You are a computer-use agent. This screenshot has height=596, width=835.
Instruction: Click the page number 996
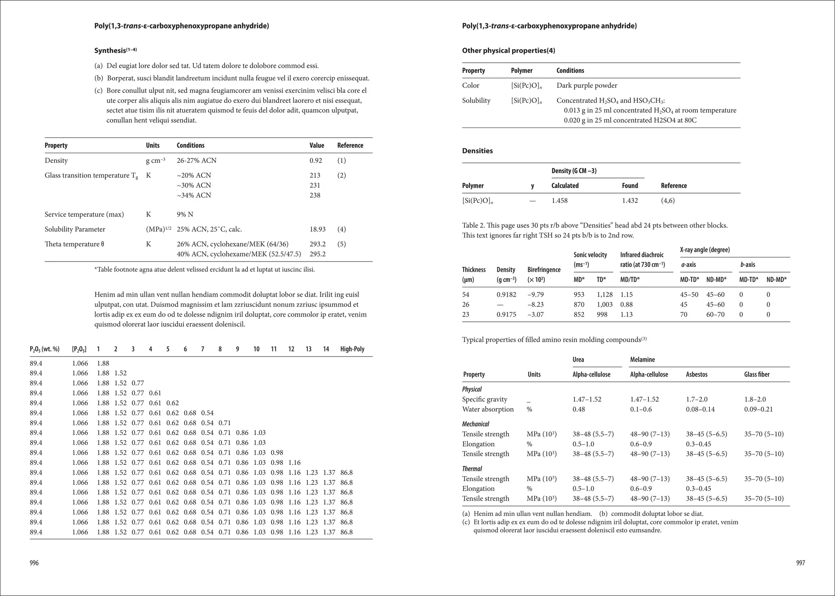click(x=34, y=563)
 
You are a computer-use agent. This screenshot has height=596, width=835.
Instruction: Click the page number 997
click(x=800, y=563)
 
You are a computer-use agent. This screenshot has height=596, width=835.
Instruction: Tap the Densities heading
click(x=477, y=151)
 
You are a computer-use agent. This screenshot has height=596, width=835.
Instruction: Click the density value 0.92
click(x=316, y=161)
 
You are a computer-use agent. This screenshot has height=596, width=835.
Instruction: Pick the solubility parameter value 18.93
click(x=318, y=229)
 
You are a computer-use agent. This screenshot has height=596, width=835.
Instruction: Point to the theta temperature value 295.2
click(x=318, y=254)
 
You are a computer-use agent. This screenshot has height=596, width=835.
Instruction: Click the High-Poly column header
click(x=352, y=349)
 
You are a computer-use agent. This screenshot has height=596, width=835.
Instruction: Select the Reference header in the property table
click(x=350, y=145)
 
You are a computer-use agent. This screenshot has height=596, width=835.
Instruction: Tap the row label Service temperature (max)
click(x=84, y=214)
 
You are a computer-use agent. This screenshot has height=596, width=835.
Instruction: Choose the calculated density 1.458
click(x=559, y=200)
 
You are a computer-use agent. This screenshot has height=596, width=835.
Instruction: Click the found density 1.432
click(x=630, y=200)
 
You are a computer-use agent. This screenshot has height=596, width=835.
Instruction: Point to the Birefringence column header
click(x=544, y=270)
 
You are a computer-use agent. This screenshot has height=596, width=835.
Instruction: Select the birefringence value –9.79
click(x=536, y=295)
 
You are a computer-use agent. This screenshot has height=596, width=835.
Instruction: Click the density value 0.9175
click(x=506, y=314)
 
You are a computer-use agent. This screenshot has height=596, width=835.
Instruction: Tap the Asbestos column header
click(x=697, y=374)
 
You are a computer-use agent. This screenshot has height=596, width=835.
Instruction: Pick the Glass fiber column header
click(x=757, y=374)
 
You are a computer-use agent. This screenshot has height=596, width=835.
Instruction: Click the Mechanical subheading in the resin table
click(x=475, y=424)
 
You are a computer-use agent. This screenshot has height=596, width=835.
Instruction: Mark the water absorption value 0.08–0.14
click(x=700, y=409)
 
